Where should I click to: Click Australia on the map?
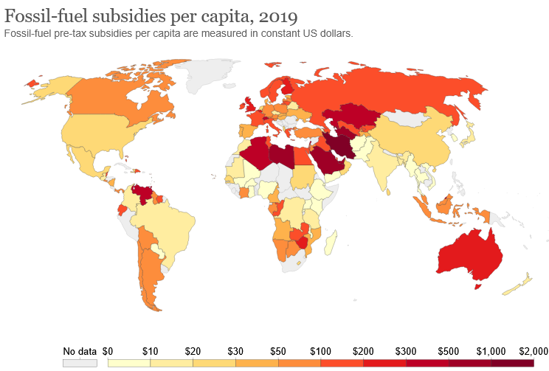coord(469,254)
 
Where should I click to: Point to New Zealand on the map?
coord(521,283)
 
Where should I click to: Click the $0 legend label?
coord(108,350)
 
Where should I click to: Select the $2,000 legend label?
coord(533,350)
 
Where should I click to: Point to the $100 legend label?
coord(321,350)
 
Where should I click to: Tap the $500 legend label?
coord(449,350)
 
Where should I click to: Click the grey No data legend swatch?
coord(80,363)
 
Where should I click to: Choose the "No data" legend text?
coord(80,350)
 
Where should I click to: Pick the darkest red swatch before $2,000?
coord(511,363)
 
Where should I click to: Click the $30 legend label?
coord(235,350)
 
